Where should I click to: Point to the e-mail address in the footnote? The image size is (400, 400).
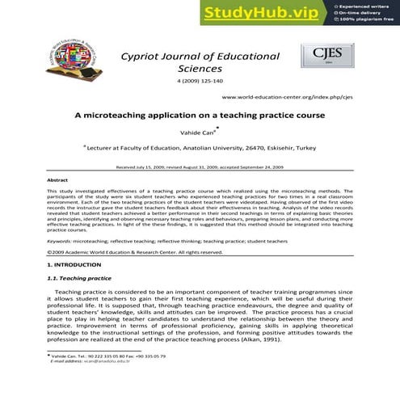(x=86, y=360)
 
